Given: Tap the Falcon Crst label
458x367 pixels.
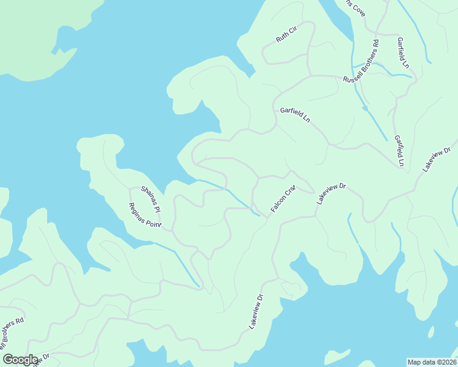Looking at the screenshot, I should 283,198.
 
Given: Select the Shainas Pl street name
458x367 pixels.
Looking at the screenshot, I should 151,199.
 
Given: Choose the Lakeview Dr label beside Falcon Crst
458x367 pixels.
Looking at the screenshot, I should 332,193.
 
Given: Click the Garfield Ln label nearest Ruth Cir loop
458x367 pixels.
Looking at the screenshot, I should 295,115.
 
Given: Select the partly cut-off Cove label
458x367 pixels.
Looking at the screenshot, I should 355,7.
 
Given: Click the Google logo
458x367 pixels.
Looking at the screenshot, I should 20,360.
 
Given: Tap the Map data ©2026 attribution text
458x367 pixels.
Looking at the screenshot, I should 432,361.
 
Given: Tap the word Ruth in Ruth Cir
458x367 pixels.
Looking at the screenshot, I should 282,39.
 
